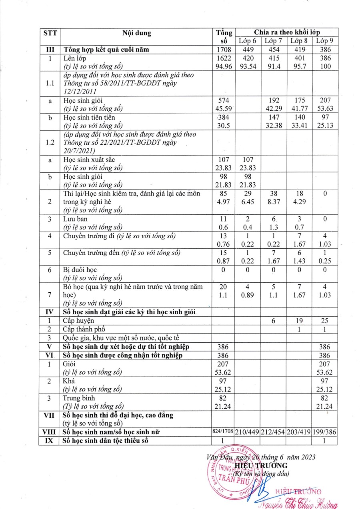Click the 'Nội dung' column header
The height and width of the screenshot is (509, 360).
tap(136, 33)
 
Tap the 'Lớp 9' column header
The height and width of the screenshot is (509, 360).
tap(325, 41)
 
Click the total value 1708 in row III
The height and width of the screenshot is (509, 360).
tap(224, 50)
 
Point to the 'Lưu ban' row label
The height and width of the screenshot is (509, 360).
tap(75, 219)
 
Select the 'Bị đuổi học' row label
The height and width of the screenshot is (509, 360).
tap(80, 270)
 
